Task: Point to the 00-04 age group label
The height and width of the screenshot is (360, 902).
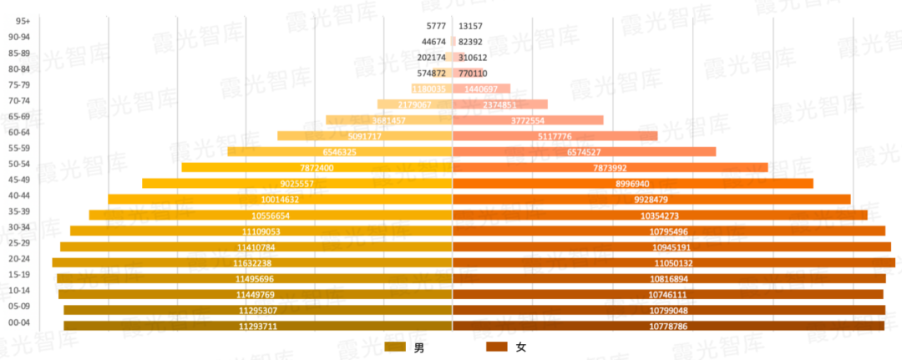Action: pos(19,322)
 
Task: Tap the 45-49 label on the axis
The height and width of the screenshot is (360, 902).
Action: pos(19,180)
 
